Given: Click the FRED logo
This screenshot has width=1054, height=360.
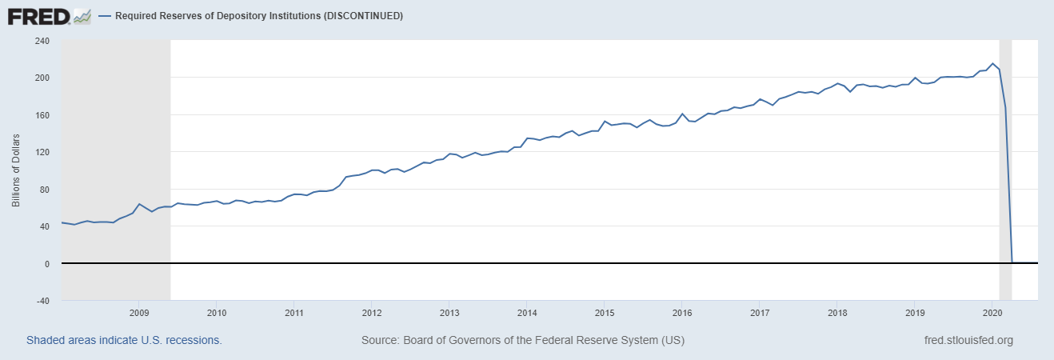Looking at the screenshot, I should [x=37, y=15].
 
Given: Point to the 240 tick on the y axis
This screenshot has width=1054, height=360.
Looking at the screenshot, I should [x=41, y=41].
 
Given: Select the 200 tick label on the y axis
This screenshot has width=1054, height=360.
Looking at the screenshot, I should [x=41, y=78].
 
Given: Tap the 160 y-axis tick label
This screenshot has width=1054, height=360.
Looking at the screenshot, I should [x=41, y=115].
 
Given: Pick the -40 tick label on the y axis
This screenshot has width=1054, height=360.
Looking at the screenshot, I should [x=41, y=301].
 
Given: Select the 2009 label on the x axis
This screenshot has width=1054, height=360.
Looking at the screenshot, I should [x=139, y=313].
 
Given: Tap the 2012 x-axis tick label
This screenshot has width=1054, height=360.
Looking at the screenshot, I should [x=371, y=313].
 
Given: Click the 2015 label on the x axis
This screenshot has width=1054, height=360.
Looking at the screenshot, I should [x=604, y=313].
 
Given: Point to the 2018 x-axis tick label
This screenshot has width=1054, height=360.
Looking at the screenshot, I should [x=836, y=313].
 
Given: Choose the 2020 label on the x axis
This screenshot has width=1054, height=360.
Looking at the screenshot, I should [x=992, y=313].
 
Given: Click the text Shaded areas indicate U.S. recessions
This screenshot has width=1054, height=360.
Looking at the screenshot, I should [x=124, y=340].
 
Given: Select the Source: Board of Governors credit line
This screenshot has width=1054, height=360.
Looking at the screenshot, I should [x=522, y=340].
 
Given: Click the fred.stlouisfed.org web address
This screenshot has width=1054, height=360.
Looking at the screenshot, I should [x=968, y=340].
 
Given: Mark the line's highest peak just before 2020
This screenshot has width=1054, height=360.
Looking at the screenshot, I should [x=992, y=63].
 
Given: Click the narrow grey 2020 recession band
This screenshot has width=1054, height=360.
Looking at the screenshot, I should [x=1005, y=160].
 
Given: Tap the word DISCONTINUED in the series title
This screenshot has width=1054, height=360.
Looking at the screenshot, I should [x=358, y=16].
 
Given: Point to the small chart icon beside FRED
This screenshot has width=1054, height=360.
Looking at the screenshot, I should [x=82, y=15].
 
